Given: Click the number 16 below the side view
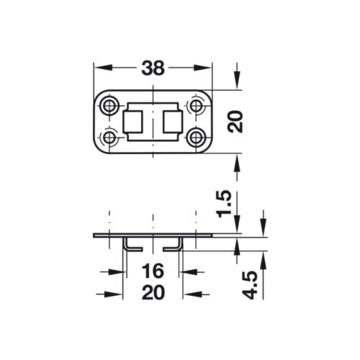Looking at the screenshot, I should tap(153, 271).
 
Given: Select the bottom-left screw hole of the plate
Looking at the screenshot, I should tap(110, 136).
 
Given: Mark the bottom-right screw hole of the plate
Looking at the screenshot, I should tap(197, 136).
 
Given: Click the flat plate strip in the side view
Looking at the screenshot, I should tap(153, 237).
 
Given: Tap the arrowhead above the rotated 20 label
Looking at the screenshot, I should tap(237, 83).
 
